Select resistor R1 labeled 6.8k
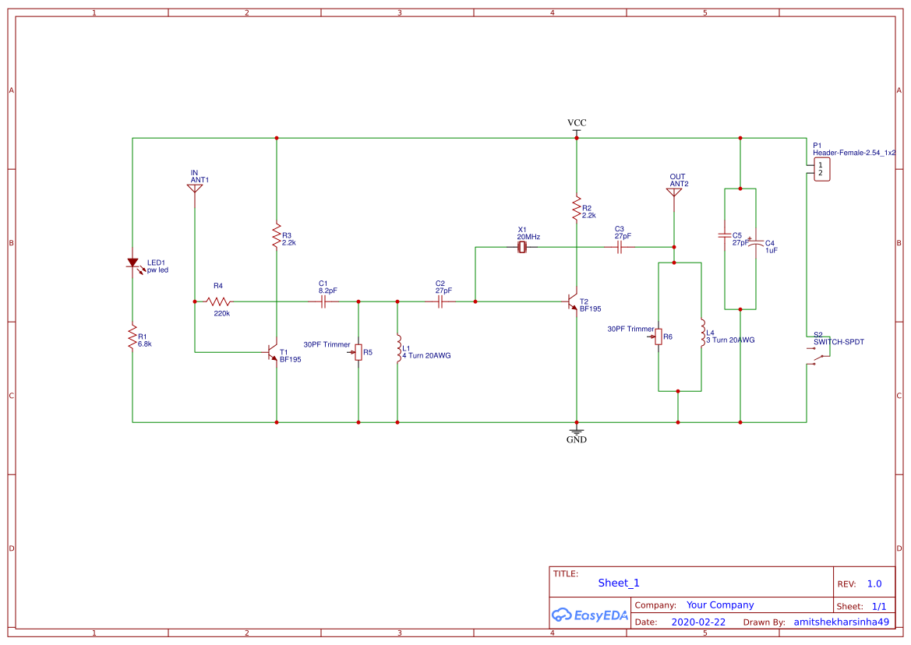tap(132, 337)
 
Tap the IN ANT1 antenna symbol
tap(195, 189)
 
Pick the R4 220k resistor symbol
tap(218, 301)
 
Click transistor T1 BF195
tap(273, 352)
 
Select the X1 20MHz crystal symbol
tap(522, 247)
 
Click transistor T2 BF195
tap(573, 301)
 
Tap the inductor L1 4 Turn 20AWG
tap(398, 347)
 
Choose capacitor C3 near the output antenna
tap(620, 247)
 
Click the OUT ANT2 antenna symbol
tap(674, 192)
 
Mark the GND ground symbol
tap(577, 431)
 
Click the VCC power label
tap(577, 124)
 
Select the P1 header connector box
tap(821, 169)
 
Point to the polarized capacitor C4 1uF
tap(755, 243)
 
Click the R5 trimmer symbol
tap(358, 353)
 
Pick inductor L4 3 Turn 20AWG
tap(701, 333)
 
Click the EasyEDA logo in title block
tap(590, 615)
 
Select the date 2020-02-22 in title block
tap(697, 622)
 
